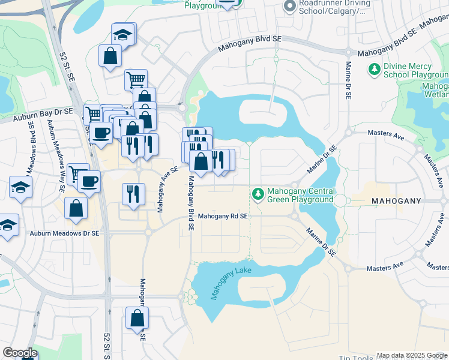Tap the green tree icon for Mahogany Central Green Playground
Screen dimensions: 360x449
pyautogui.click(x=258, y=194)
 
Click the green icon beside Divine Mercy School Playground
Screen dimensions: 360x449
pyautogui.click(x=375, y=70)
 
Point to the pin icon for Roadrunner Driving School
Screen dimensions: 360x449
pyautogui.click(x=289, y=5)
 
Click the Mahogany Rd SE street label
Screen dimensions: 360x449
pyautogui.click(x=223, y=216)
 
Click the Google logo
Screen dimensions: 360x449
pyautogui.click(x=19, y=353)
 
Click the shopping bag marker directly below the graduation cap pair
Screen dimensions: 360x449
pyautogui.click(x=111, y=56)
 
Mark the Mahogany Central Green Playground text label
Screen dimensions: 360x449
pyautogui.click(x=300, y=195)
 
